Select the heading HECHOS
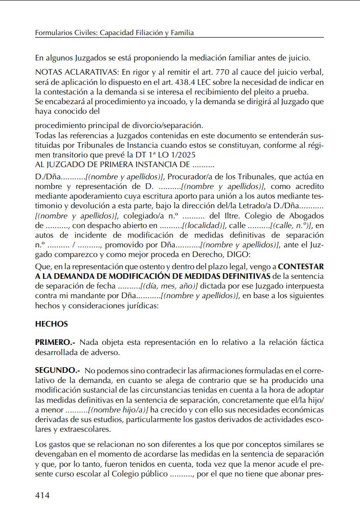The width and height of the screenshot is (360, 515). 51,324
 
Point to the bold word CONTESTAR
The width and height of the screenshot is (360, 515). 301,266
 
